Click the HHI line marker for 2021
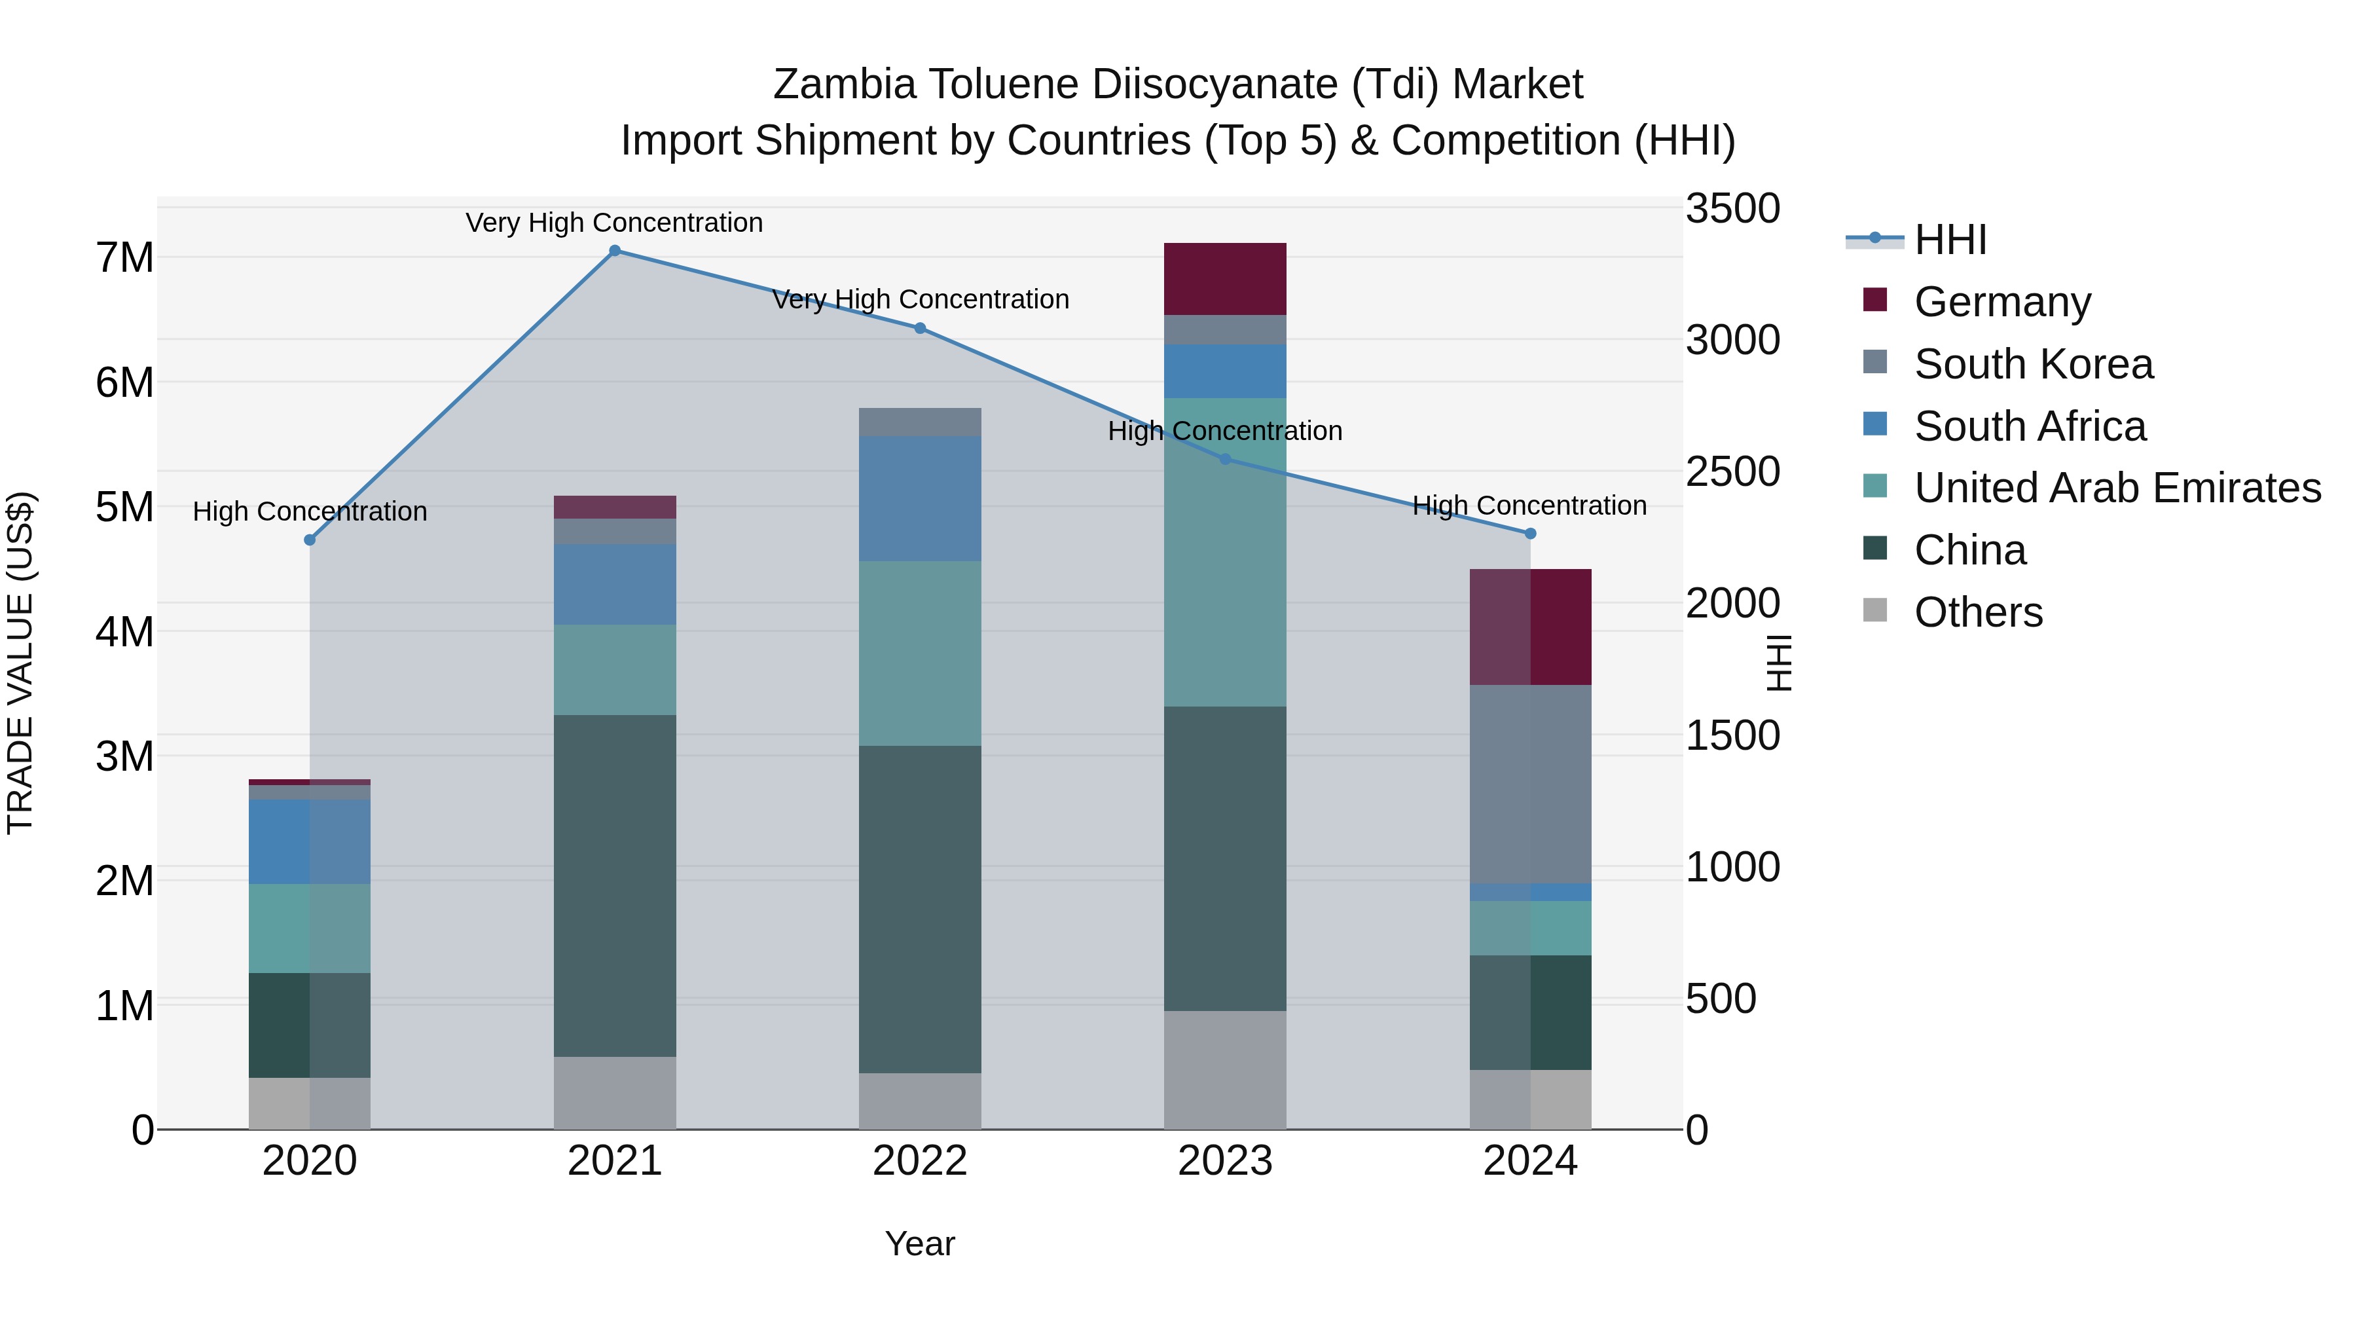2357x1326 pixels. (615, 251)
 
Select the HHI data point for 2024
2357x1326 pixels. (1530, 534)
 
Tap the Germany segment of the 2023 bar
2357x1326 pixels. (1224, 278)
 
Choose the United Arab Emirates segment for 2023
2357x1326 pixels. (1224, 552)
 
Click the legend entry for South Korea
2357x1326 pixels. (2033, 364)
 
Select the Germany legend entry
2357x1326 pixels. (2002, 302)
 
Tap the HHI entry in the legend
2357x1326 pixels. (1950, 240)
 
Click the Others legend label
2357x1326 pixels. (1978, 612)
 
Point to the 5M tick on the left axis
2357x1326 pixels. (124, 507)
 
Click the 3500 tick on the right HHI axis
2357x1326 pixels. (1732, 209)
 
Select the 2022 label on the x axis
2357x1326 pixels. (920, 1161)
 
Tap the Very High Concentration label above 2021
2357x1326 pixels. (614, 223)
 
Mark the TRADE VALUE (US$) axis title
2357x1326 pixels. (20, 663)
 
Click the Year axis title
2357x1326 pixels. (920, 1243)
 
